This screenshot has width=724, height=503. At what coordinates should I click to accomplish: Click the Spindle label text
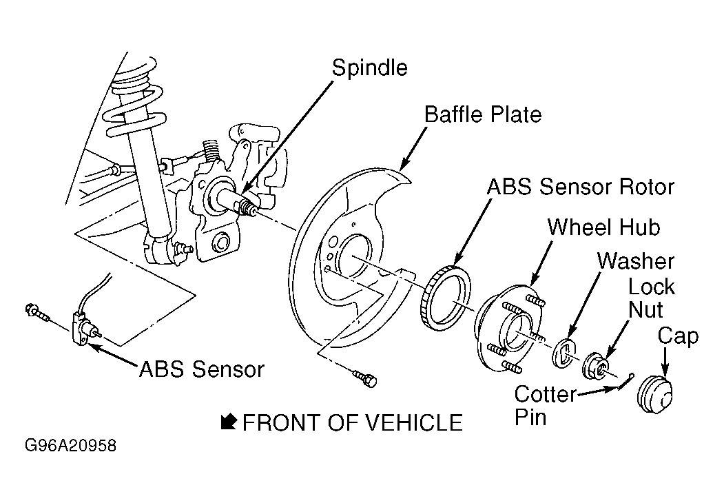point(370,68)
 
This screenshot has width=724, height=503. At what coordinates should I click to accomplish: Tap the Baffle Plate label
point(483,114)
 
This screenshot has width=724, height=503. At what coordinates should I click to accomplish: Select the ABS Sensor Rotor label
point(581,187)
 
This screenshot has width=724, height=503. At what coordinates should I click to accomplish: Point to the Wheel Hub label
point(604,227)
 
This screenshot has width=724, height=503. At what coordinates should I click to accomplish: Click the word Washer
point(636,261)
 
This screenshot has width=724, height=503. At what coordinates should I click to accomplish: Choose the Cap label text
point(678,337)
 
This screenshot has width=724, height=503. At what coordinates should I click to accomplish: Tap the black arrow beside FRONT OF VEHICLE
point(229,422)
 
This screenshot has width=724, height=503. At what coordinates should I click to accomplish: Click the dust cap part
point(654,394)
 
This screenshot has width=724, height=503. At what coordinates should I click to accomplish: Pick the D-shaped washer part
point(564,353)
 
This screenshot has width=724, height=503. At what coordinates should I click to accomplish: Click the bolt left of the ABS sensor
point(37,312)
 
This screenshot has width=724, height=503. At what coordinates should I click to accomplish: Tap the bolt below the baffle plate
point(366,378)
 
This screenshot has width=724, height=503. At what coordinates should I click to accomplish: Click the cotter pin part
point(626,381)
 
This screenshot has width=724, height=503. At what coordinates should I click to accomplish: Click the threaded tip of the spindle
point(249,207)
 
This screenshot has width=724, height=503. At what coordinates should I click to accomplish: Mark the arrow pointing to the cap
point(665,363)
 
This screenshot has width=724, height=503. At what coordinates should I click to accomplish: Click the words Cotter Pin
point(545,406)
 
